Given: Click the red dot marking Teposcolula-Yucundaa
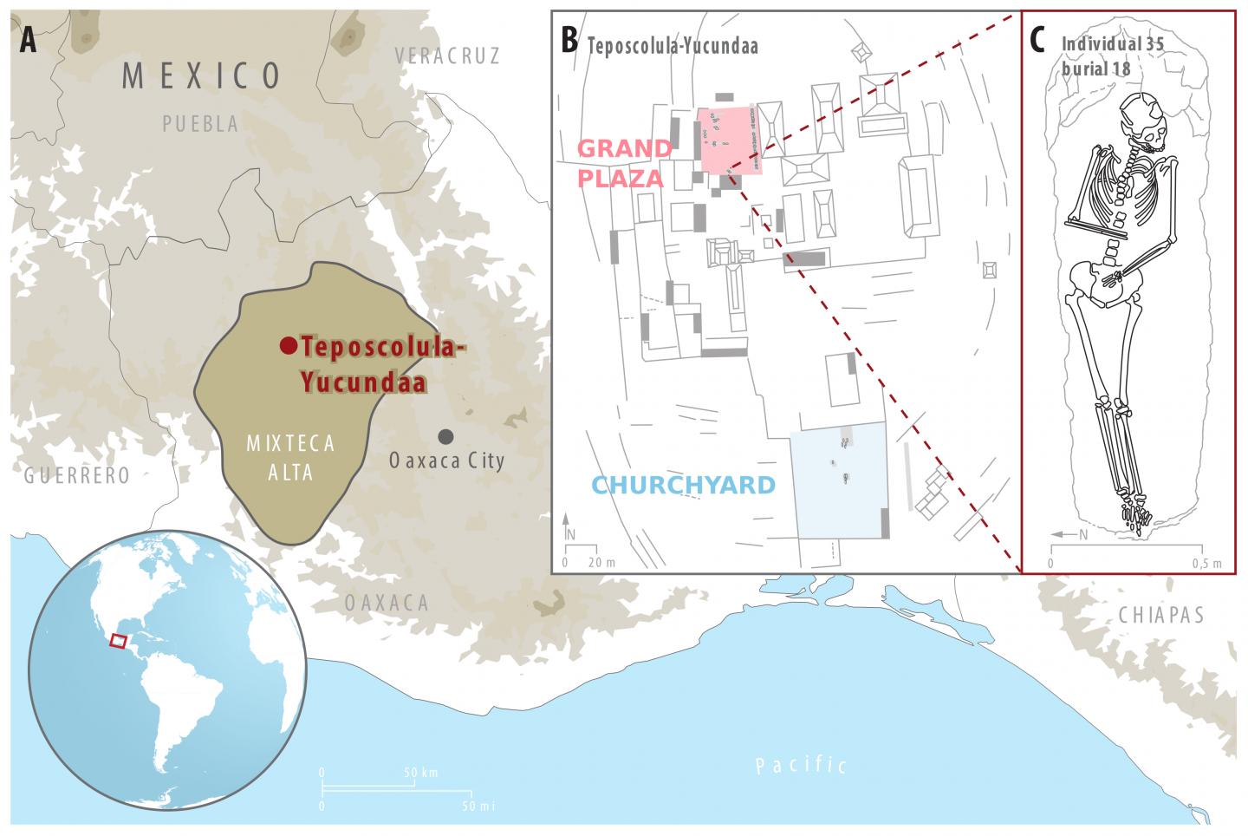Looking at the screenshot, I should pos(287,346).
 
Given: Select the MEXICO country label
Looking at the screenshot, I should pos(202,76).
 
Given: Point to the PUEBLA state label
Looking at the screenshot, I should pos(200,125).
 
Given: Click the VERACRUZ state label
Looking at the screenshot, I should pos(447,56).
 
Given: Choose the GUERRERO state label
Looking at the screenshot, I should pos(77,475).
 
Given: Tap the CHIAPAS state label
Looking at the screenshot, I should pos(1161,615).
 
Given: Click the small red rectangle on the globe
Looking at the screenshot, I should pos(119,641).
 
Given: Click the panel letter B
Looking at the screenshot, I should pos(569,41).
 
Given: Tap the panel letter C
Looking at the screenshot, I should pos(1040,41).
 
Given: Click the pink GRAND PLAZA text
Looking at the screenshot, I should pos(624,163).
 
